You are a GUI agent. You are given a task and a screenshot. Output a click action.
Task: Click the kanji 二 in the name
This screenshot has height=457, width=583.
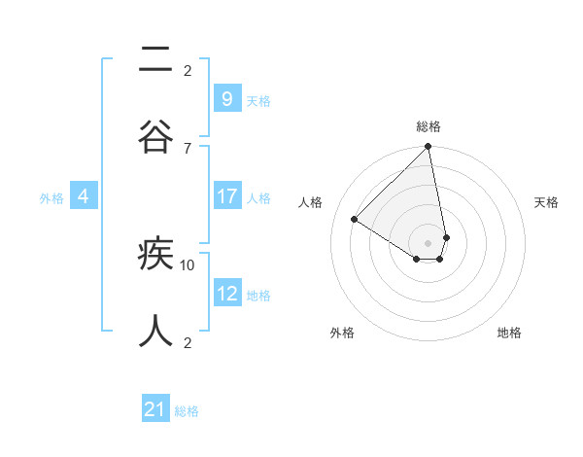coord(155,62)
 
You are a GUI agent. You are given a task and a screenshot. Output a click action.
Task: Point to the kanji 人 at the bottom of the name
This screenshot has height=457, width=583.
coord(155,331)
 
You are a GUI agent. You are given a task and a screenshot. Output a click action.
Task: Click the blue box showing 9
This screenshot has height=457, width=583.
coord(226,98)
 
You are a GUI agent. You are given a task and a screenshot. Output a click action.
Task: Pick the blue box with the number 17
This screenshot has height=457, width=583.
coord(226,196)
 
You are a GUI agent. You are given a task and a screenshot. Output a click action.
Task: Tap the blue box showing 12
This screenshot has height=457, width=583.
coord(226,294)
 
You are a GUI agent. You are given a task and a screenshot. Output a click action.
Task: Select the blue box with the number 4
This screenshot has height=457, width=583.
coord(84,196)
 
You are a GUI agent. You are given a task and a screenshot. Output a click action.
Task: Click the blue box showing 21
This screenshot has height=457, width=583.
coord(155,409)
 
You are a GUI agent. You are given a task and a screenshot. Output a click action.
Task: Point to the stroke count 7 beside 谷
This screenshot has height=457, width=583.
coord(187,148)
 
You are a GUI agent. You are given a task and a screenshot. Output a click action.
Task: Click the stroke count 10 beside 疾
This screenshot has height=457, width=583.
coord(188,264)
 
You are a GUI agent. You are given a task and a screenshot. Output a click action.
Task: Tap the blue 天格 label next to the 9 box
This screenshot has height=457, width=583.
coord(257,100)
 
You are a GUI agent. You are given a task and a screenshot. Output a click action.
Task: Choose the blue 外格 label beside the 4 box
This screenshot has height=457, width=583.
coord(51,198)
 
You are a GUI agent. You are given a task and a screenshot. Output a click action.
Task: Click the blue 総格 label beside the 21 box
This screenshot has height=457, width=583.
coord(187,411)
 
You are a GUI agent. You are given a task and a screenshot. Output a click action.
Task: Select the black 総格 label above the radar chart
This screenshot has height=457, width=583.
coord(429,126)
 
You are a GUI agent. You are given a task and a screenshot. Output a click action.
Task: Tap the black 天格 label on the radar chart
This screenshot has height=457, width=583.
coord(547,202)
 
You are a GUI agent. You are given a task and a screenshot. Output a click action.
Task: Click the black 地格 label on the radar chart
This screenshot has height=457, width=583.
coord(509,333)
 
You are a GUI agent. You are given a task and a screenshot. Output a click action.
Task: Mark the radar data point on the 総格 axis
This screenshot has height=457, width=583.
coord(429,148)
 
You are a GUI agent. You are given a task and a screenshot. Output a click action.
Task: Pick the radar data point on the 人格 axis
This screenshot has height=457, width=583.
coord(355,219)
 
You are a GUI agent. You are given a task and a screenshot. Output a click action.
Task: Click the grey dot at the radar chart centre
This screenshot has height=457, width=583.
coord(429,242)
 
